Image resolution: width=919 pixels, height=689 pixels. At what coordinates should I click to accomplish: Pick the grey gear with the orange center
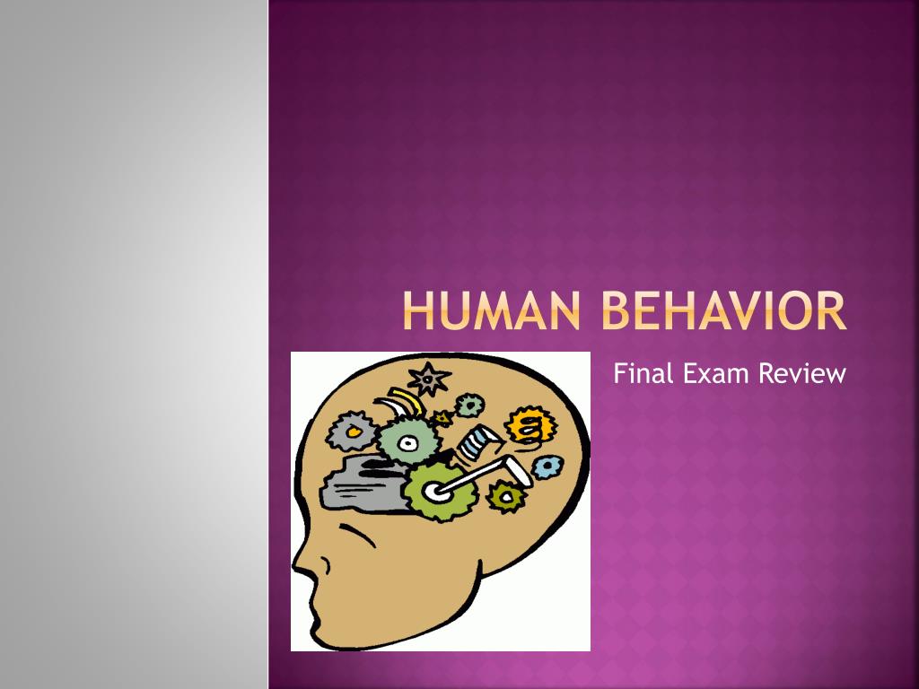click(352, 432)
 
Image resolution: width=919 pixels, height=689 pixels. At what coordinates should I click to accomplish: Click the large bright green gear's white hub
click(436, 491)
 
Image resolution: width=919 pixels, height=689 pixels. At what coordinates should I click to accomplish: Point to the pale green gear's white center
click(408, 441)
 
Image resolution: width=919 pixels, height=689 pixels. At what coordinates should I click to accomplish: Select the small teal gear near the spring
click(468, 406)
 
